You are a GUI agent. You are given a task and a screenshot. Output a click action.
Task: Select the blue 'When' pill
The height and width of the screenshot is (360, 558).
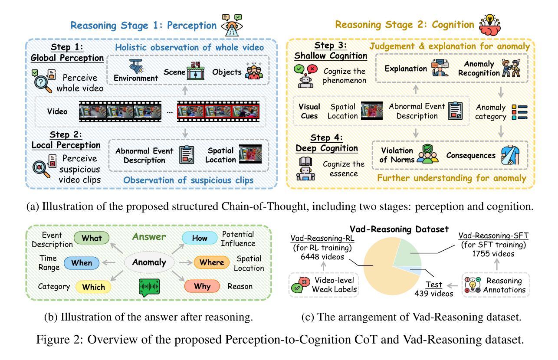[82, 262]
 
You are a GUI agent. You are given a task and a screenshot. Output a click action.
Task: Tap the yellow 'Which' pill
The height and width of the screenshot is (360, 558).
[93, 286]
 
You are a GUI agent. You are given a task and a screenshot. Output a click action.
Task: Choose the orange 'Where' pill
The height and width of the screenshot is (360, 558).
[211, 262]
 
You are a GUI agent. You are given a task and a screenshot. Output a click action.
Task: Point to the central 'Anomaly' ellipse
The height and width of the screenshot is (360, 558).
[148, 262]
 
